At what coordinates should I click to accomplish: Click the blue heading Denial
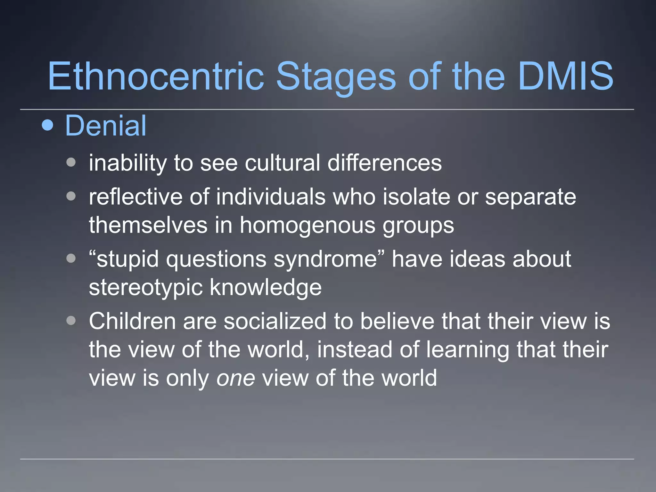pos(106,126)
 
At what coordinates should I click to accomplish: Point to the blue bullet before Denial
pos(48,125)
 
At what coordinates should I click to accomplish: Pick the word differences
pos(384,163)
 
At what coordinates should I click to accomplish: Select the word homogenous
pos(307,225)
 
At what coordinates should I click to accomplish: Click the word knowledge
pos(266,287)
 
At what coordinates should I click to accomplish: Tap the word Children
pos(132,321)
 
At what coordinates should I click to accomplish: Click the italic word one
pos(236,378)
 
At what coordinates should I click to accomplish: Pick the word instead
pos(355,349)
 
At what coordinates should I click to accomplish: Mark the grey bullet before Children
pos(71,321)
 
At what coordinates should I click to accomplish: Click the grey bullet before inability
pos(71,162)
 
